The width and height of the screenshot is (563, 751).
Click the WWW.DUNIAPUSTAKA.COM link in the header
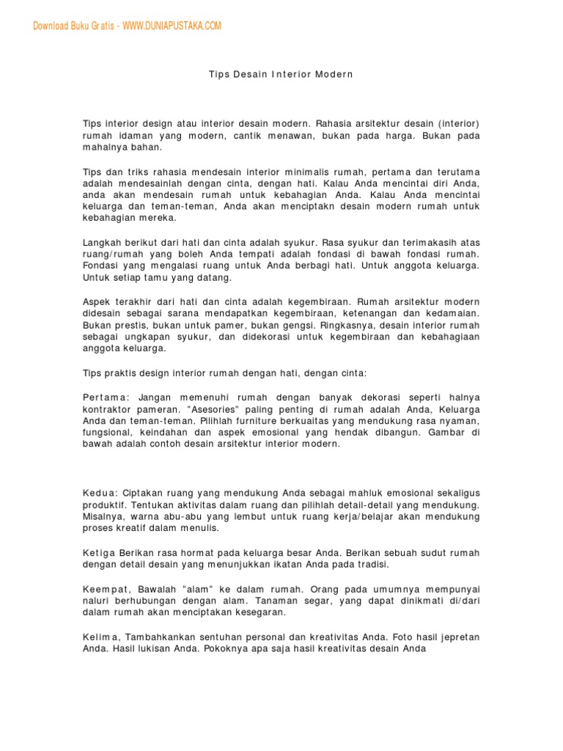point(172,26)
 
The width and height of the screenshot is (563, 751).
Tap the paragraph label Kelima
point(103,637)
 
